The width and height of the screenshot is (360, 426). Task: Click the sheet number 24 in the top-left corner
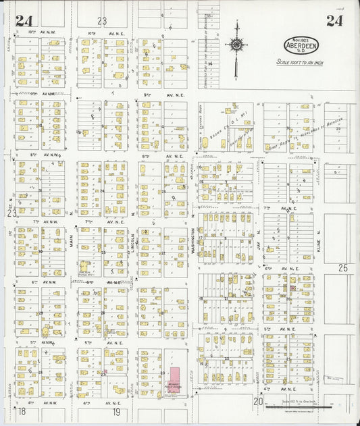point(24,20)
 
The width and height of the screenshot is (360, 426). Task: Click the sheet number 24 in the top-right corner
point(334,20)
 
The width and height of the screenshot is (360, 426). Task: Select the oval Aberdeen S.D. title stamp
point(301,47)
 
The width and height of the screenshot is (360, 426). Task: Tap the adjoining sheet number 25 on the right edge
point(343,268)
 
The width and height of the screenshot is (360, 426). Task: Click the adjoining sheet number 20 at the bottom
point(257,402)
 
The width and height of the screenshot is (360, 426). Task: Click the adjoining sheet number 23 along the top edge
point(102,21)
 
